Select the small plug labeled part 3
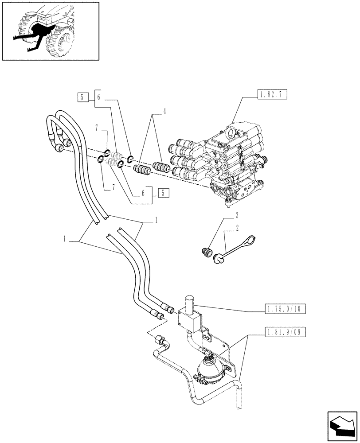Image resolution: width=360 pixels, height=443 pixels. (x=205, y=253)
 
